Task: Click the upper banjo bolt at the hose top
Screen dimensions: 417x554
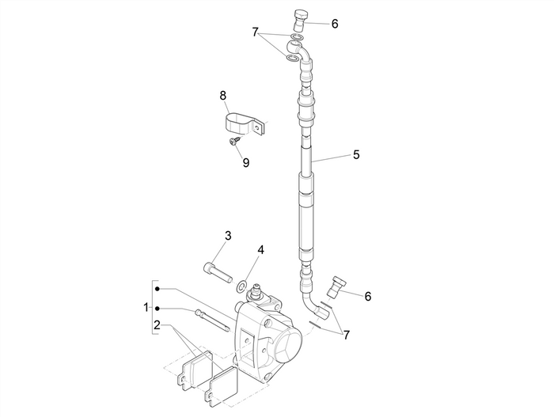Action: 301,17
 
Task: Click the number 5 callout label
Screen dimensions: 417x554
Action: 357,155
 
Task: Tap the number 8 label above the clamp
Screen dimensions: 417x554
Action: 223,96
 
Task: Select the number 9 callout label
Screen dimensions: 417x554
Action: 246,162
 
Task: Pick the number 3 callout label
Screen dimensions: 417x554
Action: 228,235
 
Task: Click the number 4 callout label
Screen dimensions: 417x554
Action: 260,250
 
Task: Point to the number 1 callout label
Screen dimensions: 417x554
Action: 146,306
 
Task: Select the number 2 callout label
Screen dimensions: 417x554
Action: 157,324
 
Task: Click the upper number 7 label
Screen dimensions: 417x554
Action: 255,32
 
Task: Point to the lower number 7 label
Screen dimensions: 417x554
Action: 346,335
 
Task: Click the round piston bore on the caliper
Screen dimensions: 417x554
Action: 287,346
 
